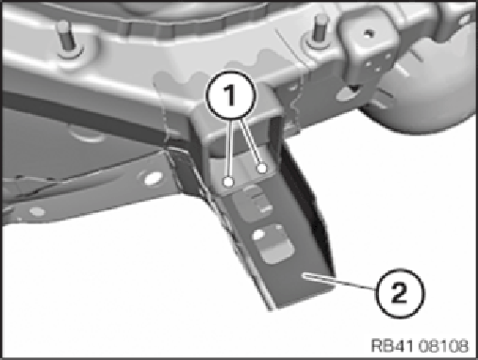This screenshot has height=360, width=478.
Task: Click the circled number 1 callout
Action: click(231, 95)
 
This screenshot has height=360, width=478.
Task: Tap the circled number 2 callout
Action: click(400, 293)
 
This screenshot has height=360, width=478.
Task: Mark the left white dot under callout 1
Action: click(229, 182)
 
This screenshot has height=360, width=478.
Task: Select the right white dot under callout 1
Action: click(262, 169)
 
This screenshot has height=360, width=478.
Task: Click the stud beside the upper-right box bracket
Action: click(321, 30)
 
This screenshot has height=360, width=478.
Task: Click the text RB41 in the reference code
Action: click(390, 346)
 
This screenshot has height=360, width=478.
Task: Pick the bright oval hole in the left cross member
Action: click(153, 179)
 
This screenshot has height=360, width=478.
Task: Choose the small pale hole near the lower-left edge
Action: click(38, 211)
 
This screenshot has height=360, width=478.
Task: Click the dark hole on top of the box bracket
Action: click(371, 32)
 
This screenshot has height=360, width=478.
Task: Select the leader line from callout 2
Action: click(338, 282)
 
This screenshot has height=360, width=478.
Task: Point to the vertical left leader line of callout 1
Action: click(230, 148)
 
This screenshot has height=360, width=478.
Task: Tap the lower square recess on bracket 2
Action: click(272, 243)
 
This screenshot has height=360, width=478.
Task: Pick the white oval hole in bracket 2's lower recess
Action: click(258, 235)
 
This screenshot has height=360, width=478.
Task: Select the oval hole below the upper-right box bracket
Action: click(347, 92)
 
